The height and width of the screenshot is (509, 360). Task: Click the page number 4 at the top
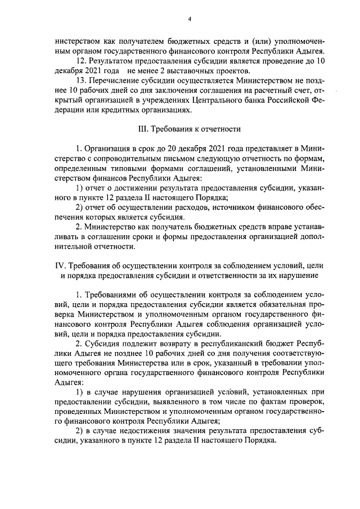(190, 20)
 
